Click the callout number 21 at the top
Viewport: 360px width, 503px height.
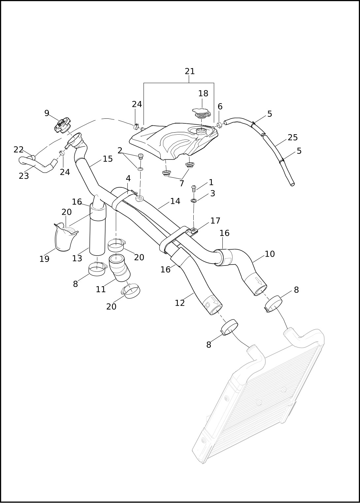(x=190, y=71)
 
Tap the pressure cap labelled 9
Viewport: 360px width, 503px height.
(x=62, y=126)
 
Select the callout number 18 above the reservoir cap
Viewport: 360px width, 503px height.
(x=203, y=94)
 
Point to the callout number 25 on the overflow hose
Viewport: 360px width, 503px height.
(x=293, y=138)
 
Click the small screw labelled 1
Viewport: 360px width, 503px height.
(x=194, y=188)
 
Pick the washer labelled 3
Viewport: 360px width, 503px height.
(x=194, y=200)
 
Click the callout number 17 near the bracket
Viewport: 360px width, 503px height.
(x=215, y=221)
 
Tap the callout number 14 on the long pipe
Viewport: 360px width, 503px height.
(x=175, y=201)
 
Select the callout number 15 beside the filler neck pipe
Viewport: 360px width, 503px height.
(x=108, y=159)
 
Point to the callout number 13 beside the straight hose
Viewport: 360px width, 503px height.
(x=77, y=259)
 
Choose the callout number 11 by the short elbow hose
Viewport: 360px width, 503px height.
(x=101, y=290)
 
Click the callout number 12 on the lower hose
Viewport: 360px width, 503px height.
(x=180, y=303)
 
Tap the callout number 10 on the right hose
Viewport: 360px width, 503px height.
(x=270, y=254)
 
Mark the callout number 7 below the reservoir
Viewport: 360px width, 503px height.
(x=181, y=184)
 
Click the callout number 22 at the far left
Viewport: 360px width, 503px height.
(x=18, y=150)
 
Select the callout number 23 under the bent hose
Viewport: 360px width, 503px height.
(x=24, y=176)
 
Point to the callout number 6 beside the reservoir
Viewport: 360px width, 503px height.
(x=220, y=107)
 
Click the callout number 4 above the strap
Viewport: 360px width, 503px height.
(x=128, y=178)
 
